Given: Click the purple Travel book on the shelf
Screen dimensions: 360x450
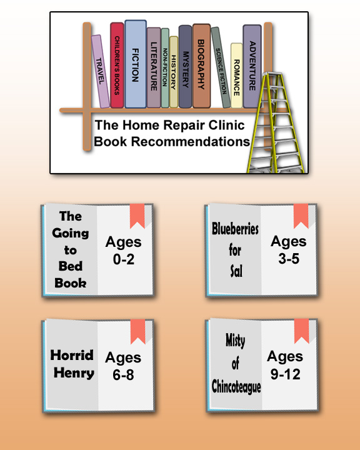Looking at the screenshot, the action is point(101,71).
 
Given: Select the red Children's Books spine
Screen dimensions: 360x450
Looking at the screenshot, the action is point(117,65).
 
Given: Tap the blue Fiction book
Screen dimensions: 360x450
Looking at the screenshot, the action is point(136,64).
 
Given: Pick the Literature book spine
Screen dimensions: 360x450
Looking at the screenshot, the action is point(154,67).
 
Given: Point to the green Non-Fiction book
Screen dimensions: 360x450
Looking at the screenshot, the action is point(165,67).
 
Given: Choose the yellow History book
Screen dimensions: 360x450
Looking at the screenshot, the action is point(174,72).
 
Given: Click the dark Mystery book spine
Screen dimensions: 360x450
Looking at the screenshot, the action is point(185,67).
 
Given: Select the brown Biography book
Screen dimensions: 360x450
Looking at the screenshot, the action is point(201,66).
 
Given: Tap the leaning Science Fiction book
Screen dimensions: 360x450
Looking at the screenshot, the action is point(221,67).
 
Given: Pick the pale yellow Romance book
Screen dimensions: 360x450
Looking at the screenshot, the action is point(236,76).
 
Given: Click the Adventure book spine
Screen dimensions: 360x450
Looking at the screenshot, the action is point(252,66).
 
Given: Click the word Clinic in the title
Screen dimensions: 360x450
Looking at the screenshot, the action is point(226,125).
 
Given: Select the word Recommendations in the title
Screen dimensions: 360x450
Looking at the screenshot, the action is point(191,141).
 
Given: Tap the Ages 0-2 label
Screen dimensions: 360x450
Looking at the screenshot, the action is point(124,251).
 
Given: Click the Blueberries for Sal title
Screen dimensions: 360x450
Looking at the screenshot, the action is point(235,250).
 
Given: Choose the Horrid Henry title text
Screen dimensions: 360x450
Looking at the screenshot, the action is point(72,364).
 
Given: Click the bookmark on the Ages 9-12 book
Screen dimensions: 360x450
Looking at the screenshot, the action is point(301,331).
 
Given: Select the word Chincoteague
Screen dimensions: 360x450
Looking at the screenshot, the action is point(236,386).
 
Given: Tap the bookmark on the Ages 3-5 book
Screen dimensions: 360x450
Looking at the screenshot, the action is point(301,216).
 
